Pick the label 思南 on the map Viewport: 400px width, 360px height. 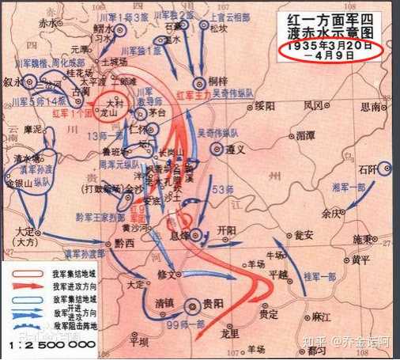pyautogui.click(x=372, y=105)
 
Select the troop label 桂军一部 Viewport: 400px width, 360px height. pyautogui.click(x=321, y=277)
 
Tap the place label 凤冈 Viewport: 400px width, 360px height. pyautogui.click(x=314, y=105)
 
